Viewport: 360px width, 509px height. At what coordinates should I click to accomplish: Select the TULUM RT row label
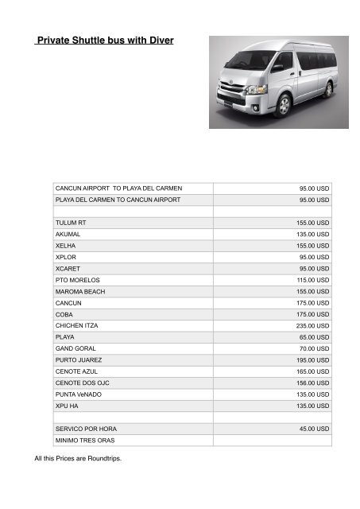pos(70,223)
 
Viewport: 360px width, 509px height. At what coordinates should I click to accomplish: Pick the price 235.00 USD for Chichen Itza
pos(312,326)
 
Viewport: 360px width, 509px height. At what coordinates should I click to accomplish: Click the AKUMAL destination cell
pos(68,235)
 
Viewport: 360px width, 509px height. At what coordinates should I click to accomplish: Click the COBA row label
pos(64,315)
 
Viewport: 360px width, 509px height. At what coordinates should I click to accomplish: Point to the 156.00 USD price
pos(312,383)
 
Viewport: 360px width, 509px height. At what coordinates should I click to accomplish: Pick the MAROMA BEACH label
pos(79,292)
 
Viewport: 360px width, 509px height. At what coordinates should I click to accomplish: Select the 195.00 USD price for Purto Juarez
pos(312,360)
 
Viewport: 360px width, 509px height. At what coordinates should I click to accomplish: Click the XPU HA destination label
pos(67,406)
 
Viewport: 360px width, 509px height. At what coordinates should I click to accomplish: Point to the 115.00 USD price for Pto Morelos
pos(312,280)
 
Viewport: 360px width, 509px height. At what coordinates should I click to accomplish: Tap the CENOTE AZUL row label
pos(78,371)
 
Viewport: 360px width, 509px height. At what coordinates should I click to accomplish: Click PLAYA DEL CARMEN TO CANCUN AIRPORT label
pos(118,200)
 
